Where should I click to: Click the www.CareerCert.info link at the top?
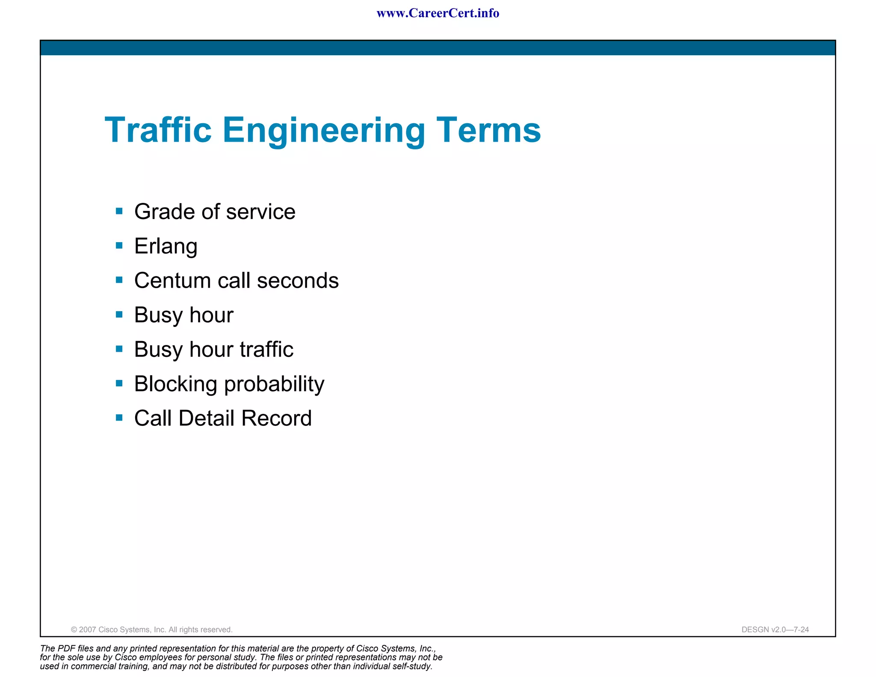tap(438, 13)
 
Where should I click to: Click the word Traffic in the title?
tap(158, 130)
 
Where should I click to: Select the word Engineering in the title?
tap(323, 131)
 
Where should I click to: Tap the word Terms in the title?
tap(488, 130)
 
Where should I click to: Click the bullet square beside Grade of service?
tap(119, 211)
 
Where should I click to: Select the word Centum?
tap(172, 281)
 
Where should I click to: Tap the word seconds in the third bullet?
tap(298, 281)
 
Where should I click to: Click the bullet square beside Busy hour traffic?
tap(119, 349)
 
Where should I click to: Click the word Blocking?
tap(175, 384)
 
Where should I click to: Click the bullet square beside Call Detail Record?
tap(119, 418)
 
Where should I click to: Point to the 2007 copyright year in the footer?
tap(87, 629)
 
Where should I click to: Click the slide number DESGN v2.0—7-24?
tap(775, 629)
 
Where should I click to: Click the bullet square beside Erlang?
tap(119, 246)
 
